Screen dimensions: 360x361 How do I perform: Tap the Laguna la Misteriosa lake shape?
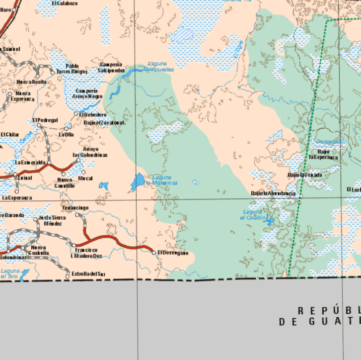point(138,181)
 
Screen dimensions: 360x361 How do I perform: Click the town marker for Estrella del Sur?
point(68,276)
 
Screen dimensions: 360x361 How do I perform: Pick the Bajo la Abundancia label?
point(274,193)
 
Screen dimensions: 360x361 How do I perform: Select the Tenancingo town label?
point(75,207)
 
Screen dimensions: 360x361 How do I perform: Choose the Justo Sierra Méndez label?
point(52,221)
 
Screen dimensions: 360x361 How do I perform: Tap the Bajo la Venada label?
point(304,175)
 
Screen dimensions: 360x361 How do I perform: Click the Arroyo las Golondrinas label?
point(90,152)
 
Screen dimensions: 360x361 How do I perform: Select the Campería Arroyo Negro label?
point(87,94)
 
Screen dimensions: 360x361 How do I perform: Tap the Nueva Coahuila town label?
point(39,250)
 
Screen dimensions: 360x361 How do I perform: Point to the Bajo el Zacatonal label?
point(104,123)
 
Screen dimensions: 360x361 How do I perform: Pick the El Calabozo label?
point(65,3)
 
